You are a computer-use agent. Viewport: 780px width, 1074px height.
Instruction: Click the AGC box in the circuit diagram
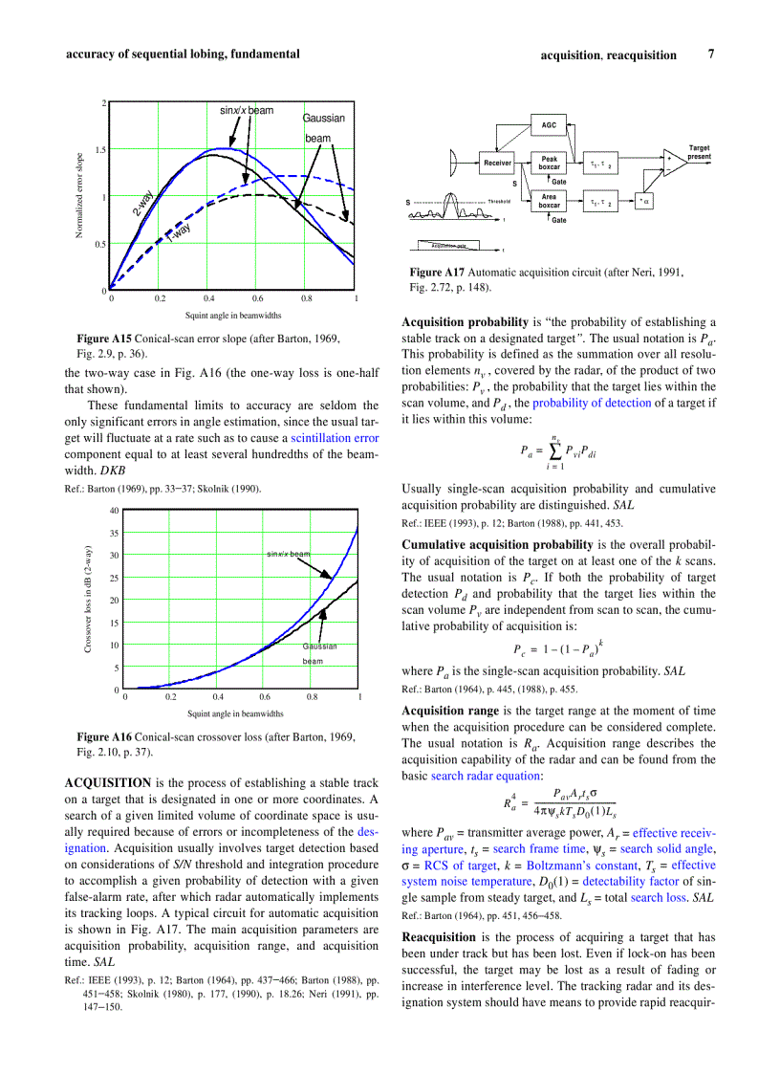click(549, 125)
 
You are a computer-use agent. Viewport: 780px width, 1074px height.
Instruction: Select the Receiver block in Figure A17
click(497, 164)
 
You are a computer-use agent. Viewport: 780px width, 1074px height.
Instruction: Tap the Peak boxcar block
click(549, 163)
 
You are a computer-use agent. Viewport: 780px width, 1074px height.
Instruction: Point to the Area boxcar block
click(549, 201)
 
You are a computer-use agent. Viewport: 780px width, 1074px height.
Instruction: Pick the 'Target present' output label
click(700, 152)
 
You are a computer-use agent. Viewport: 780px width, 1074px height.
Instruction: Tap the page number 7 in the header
click(710, 55)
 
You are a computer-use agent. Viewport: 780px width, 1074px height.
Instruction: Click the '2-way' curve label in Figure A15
click(143, 203)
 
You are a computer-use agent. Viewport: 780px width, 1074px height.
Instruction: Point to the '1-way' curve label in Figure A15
click(179, 231)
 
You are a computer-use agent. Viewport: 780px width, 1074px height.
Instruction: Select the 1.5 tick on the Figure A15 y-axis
click(99, 150)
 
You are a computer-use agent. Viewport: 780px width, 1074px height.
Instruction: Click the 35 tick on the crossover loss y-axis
click(112, 533)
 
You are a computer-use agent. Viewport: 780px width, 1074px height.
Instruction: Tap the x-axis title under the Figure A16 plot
click(234, 713)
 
